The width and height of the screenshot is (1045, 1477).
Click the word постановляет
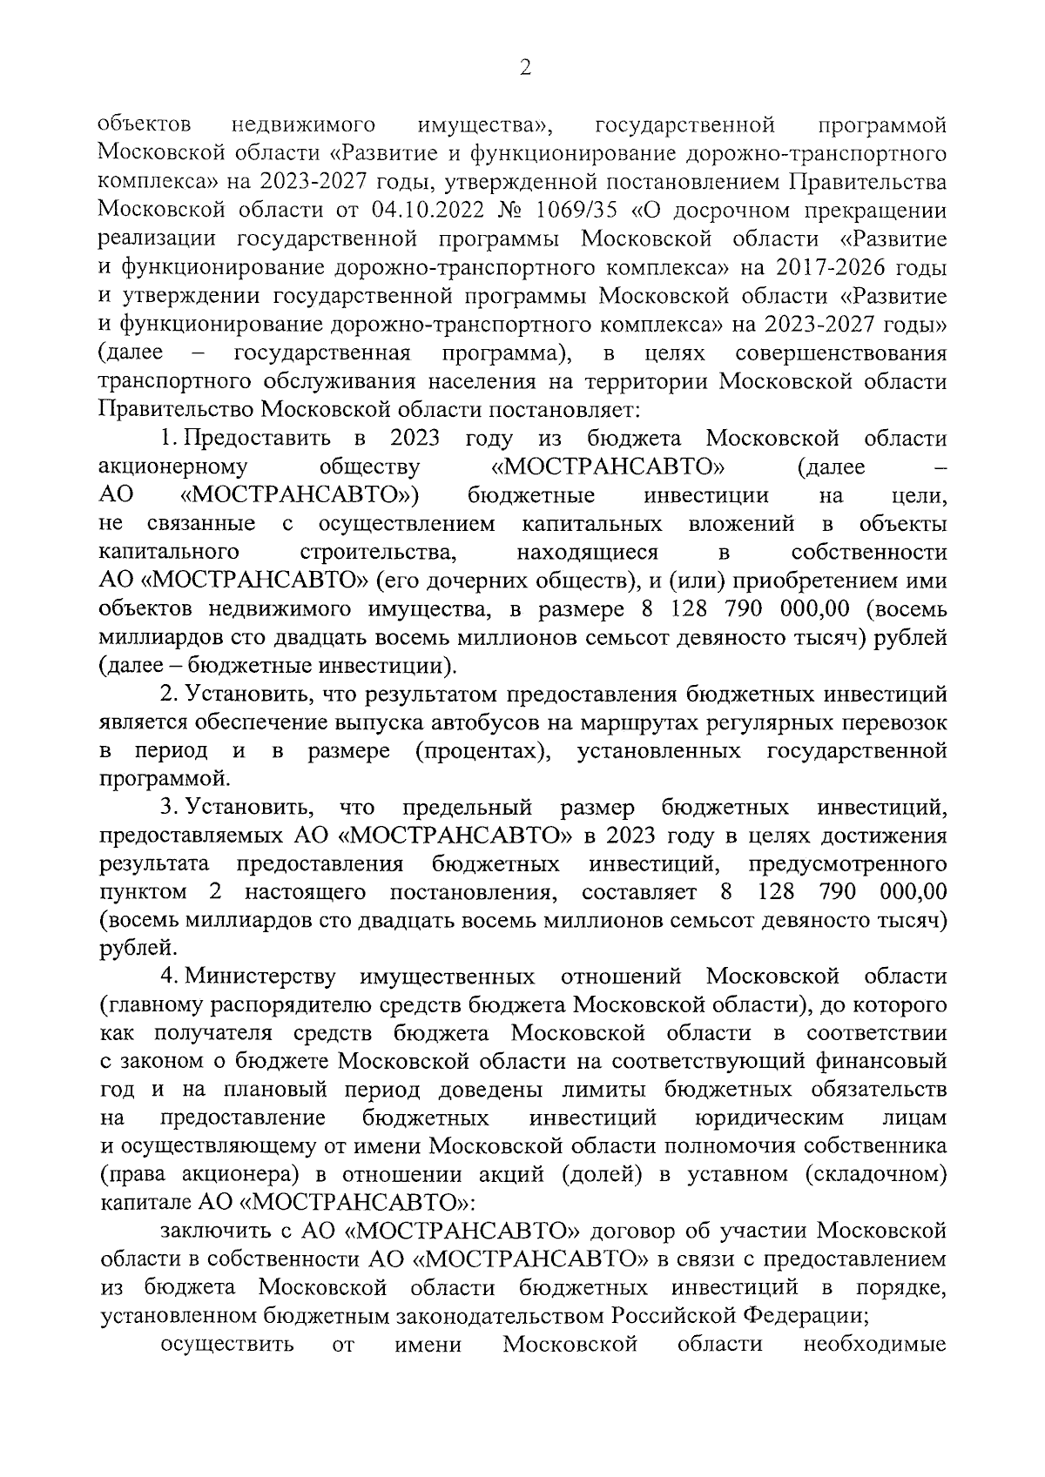point(565,409)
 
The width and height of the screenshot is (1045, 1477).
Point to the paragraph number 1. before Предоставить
point(169,438)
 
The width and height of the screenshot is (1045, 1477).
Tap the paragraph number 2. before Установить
point(169,694)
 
